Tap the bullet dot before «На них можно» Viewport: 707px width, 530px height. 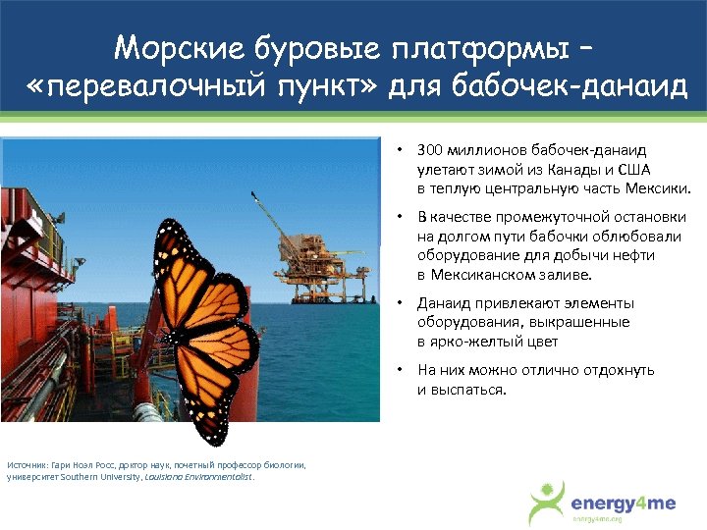[401, 371]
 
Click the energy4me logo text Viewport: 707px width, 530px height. [624, 503]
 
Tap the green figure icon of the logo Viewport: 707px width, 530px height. [548, 502]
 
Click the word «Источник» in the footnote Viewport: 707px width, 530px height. [26, 464]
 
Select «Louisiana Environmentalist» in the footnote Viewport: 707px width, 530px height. [198, 477]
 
